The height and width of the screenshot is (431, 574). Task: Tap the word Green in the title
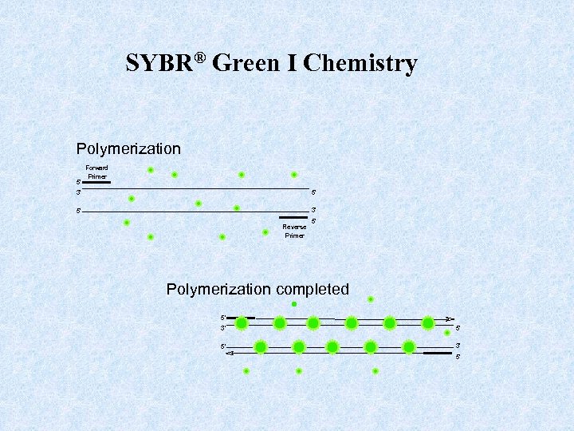[255, 64]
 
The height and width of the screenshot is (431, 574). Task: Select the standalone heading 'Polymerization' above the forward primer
[128, 149]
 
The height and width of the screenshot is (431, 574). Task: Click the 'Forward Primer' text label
[96, 172]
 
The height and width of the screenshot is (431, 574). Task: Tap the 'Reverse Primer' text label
[294, 231]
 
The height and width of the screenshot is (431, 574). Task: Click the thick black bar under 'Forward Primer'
[96, 183]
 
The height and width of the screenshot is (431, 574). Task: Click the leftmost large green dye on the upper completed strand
[242, 323]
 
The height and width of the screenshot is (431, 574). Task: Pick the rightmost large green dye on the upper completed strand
[428, 323]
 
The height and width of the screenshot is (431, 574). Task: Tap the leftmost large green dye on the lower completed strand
[261, 347]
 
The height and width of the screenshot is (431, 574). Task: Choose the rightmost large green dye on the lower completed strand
[409, 347]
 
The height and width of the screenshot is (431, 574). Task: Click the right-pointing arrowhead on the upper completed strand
[450, 318]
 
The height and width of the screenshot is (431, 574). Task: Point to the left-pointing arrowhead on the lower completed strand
[229, 352]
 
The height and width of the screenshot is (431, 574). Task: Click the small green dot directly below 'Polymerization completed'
[294, 304]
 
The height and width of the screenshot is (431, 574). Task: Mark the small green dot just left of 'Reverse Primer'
[265, 232]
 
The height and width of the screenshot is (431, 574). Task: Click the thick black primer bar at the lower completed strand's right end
[437, 352]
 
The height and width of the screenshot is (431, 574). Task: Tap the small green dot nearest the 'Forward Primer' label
[150, 169]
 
